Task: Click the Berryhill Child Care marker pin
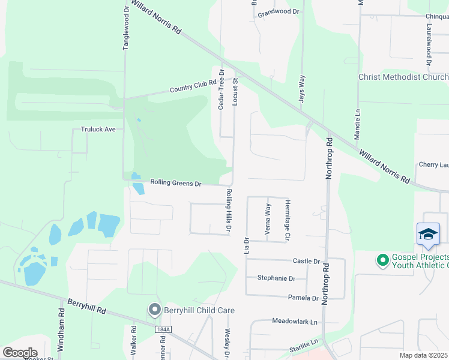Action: [155, 310]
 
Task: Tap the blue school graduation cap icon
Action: [428, 234]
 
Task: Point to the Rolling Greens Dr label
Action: [175, 182]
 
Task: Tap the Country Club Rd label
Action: [192, 86]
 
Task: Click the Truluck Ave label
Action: [98, 129]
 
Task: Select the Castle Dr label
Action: [306, 261]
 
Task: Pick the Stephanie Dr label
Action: [276, 278]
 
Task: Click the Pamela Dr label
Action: [303, 298]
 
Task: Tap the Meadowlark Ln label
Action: [294, 322]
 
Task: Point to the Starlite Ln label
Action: [303, 342]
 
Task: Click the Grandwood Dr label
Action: [278, 11]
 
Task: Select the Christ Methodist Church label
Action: [403, 77]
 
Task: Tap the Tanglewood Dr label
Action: [126, 28]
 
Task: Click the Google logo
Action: [19, 353]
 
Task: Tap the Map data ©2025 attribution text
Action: [424, 355]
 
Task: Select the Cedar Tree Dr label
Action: [221, 89]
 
